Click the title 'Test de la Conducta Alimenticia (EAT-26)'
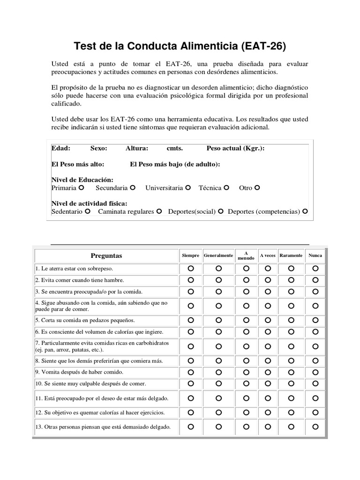(180, 46)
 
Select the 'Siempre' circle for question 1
(191, 269)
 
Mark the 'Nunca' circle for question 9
(315, 372)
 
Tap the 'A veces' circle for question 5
(268, 320)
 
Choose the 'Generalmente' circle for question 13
(218, 427)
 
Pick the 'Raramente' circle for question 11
(291, 398)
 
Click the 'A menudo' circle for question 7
(246, 346)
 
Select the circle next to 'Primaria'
(81, 188)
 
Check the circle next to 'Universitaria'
(188, 188)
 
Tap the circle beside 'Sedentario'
(87, 211)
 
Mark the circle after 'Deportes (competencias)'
(305, 211)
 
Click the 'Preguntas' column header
(106, 255)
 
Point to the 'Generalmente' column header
(218, 255)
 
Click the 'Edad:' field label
(61, 148)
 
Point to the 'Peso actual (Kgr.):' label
(235, 148)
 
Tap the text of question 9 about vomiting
(79, 372)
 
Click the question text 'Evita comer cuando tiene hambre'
(80, 280)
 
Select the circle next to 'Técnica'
(226, 188)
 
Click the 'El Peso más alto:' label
(78, 164)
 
